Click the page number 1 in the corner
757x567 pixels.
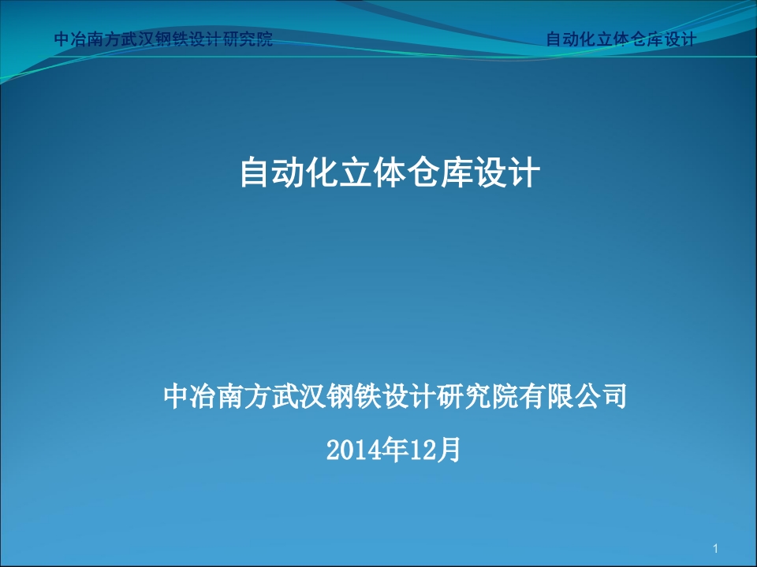(715, 548)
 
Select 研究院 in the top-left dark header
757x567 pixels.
(248, 39)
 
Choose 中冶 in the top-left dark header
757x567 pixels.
(71, 39)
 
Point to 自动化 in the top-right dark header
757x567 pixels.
(571, 39)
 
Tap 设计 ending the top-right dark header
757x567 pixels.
(679, 39)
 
